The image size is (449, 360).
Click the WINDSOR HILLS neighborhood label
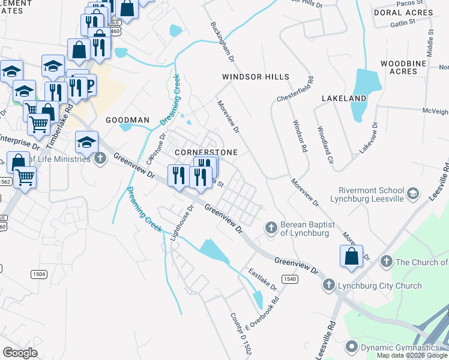tap(255, 77)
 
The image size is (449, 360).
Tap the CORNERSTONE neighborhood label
tap(206, 152)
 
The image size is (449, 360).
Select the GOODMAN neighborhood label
tap(127, 120)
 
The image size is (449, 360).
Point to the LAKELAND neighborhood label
tap(344, 98)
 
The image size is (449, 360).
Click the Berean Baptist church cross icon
tap(271, 227)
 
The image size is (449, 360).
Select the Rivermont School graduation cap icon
tap(412, 193)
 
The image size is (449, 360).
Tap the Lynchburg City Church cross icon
tap(328, 285)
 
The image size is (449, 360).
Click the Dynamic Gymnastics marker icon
tap(351, 347)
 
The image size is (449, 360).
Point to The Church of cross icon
tap(386, 262)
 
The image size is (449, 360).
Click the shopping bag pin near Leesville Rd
tap(352, 256)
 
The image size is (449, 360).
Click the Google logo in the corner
tap(20, 352)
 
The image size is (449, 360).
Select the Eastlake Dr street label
tap(261, 279)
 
